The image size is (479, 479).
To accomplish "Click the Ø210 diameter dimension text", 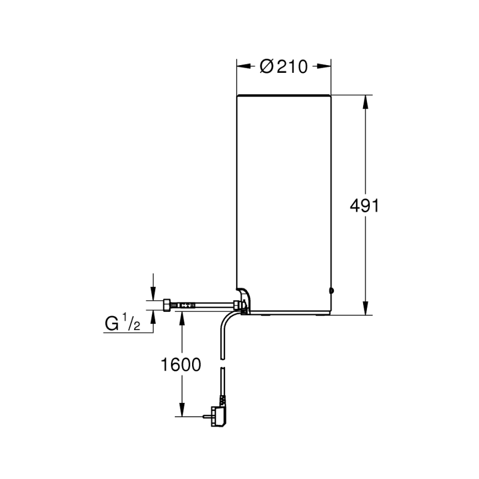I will click(284, 66).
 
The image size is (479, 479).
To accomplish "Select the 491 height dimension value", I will click(365, 206).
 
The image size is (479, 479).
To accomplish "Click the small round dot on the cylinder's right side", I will click(331, 290).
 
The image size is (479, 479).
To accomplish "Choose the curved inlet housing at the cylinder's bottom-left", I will click(244, 298).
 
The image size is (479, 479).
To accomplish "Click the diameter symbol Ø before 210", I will click(266, 66).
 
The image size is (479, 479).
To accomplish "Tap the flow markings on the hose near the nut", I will click(186, 305).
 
